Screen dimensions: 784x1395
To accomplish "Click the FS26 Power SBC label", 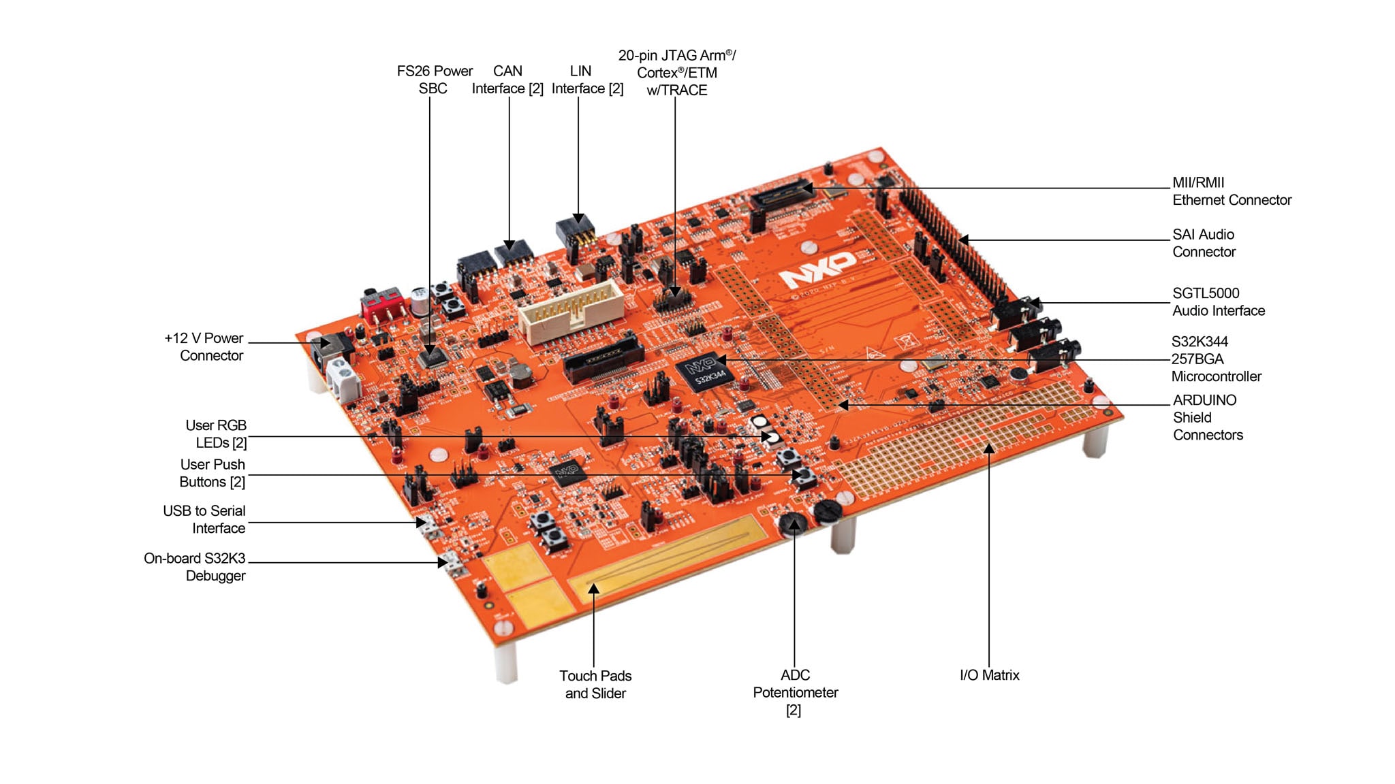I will coord(434,80).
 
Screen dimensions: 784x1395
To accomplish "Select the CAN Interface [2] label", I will coord(507,80).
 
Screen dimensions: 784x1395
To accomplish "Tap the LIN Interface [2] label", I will coord(586,80).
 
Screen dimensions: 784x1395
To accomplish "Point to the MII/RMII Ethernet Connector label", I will coord(1231,191).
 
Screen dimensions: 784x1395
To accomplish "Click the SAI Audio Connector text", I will coord(1204,243).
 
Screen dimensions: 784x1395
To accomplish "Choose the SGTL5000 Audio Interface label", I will coord(1218,301).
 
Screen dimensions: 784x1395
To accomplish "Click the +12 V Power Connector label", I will coord(204,346).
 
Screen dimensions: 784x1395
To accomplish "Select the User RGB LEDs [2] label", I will coord(216,434).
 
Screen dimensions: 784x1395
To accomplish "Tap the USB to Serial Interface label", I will coord(204,519).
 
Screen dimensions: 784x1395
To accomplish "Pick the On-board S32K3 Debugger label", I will coord(195,566).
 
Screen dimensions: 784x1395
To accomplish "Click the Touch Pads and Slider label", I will coord(595,684).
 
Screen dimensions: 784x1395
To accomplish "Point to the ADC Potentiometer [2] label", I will coord(795,691).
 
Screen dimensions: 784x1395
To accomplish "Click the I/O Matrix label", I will coord(989,675).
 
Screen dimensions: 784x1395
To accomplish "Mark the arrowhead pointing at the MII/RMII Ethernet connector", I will coord(808,188).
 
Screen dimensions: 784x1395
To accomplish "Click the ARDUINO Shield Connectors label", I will coord(1207,417).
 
